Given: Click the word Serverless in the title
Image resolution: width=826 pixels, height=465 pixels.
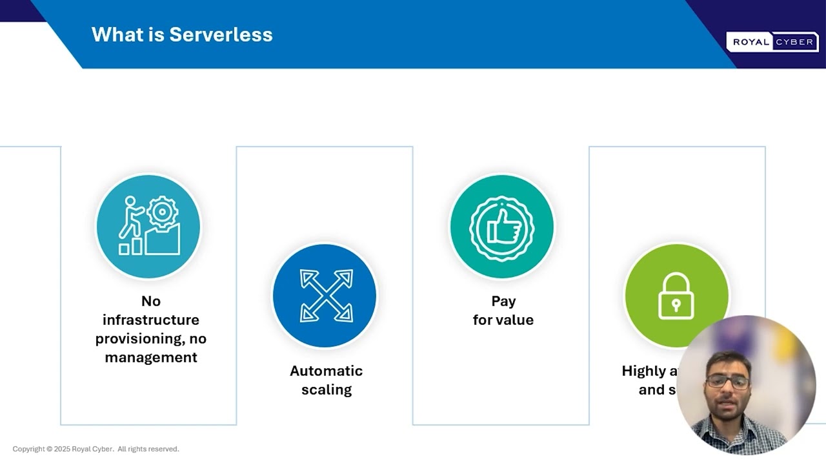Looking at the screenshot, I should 221,34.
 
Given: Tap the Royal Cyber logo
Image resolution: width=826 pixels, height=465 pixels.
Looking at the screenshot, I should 772,42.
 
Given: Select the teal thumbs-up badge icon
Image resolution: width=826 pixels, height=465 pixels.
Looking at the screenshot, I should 501,227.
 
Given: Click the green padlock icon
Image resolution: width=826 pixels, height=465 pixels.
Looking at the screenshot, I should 676,296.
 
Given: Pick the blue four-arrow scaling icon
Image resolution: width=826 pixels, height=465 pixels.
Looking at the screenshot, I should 326,296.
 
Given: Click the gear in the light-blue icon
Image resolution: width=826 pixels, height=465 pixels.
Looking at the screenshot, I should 161,211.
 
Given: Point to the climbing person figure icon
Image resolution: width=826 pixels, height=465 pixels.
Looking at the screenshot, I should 132,218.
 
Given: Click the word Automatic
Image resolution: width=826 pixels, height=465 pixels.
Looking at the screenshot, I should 326,371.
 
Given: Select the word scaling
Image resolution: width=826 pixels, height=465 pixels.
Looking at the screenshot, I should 326,389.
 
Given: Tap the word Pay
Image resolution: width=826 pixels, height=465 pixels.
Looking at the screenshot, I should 503,301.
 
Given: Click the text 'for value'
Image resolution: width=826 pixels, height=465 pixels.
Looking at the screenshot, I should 503,320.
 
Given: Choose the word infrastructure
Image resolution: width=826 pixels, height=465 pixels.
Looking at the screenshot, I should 151,320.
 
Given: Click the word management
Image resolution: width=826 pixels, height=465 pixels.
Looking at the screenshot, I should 151,357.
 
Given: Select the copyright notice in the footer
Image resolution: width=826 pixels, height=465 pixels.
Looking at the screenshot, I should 96,449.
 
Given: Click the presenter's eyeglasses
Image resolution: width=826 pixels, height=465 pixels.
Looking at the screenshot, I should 727,382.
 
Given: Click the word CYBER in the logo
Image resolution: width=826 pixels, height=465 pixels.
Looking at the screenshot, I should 794,42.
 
